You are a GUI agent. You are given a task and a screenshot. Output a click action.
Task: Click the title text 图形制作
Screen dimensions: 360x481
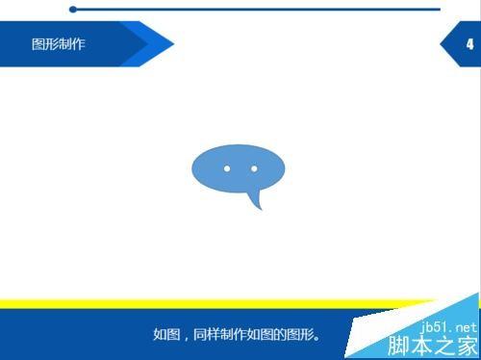(58, 44)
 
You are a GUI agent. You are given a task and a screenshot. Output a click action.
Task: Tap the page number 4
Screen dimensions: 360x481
(468, 44)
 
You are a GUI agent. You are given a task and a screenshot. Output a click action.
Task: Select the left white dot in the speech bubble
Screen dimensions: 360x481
(227, 168)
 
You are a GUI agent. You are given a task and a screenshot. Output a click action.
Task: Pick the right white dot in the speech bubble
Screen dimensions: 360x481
(254, 168)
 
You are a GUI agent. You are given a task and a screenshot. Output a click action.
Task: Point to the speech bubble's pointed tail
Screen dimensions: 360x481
(256, 203)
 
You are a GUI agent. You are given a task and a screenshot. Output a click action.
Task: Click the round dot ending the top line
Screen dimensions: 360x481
(73, 10)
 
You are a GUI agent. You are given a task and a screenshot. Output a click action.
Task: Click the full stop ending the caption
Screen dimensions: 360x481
(318, 338)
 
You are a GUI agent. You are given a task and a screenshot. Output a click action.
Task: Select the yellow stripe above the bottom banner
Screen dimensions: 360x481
(192, 304)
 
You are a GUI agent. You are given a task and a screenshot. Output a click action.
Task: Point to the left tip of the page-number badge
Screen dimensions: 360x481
(443, 44)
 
